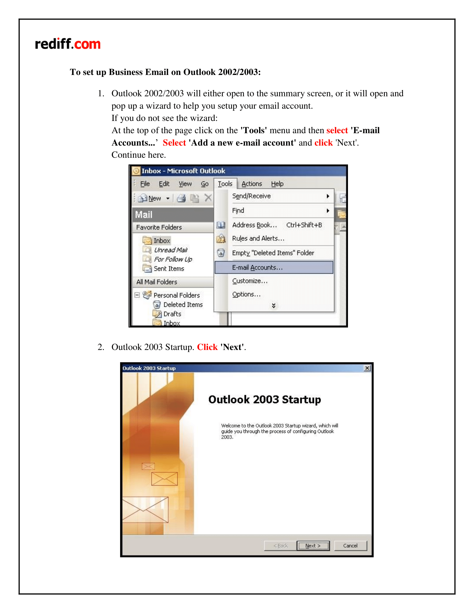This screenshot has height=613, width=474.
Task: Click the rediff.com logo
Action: point(68,44)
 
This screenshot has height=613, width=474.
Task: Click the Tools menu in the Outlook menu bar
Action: point(225,184)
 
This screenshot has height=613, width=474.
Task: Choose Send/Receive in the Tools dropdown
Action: point(251,196)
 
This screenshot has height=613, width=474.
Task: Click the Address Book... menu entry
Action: point(254,225)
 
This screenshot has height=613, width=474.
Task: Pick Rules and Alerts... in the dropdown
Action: point(258,239)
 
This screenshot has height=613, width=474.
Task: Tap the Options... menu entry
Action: point(246,295)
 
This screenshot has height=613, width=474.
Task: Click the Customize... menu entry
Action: point(250,281)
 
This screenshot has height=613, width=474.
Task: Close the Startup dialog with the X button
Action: point(367,368)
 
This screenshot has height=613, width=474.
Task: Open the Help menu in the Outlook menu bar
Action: point(277,184)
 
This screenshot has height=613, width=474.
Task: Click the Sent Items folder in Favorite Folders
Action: point(168,269)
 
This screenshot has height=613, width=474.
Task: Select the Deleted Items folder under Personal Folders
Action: point(183,305)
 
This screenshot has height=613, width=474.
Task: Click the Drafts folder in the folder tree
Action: point(172,314)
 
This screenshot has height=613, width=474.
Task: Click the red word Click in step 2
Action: point(207,347)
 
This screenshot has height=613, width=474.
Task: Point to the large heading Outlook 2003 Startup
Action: point(265,399)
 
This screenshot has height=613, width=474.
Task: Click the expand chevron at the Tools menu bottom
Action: point(274,305)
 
